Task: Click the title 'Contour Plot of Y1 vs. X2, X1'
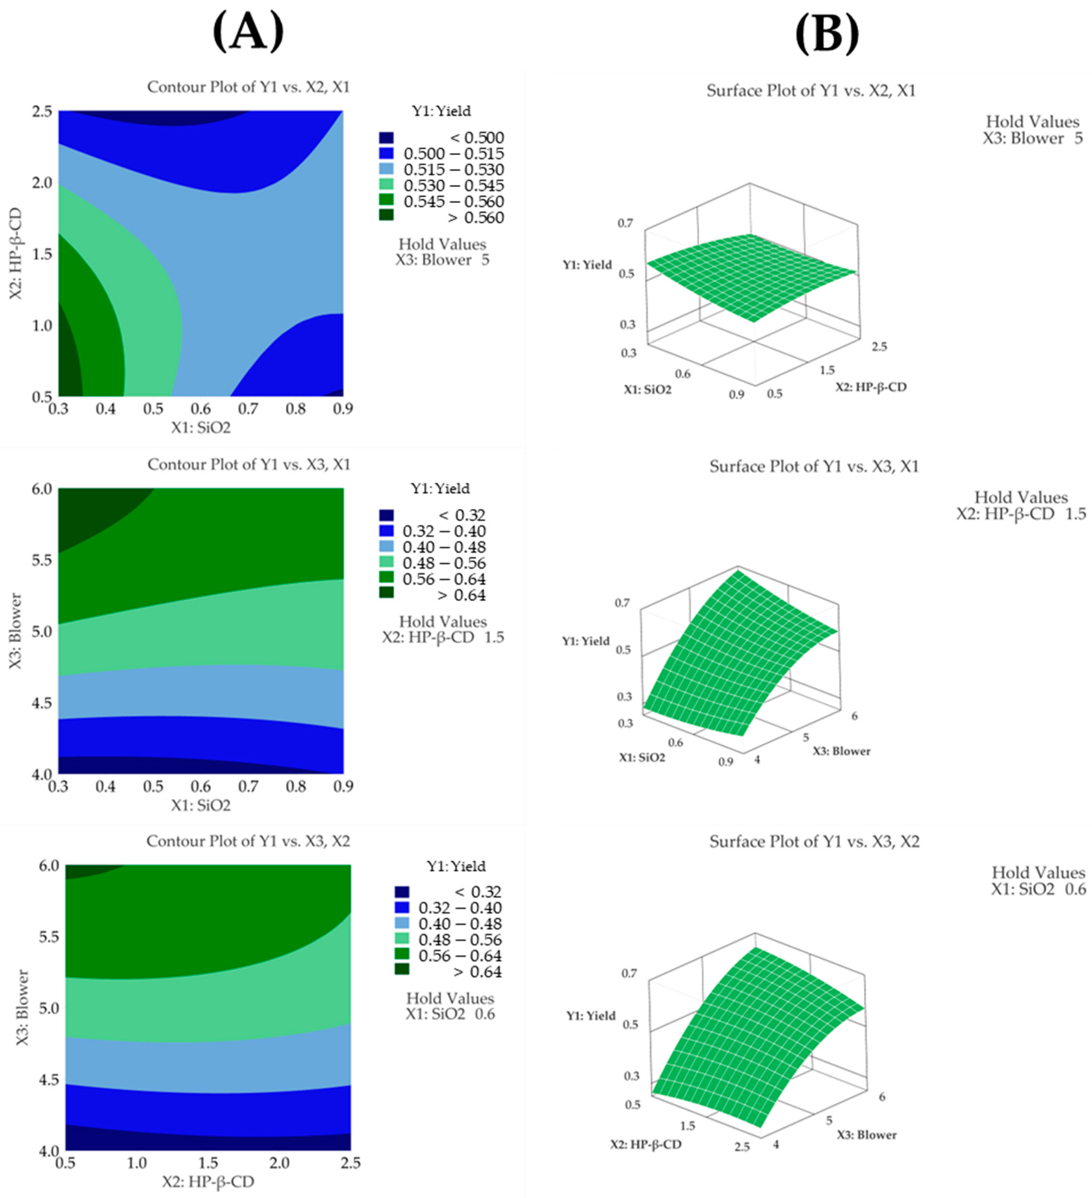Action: click(x=248, y=87)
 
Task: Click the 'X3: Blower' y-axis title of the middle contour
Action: click(x=16, y=631)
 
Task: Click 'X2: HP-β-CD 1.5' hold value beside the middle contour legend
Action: click(x=443, y=638)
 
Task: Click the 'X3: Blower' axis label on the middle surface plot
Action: click(x=841, y=751)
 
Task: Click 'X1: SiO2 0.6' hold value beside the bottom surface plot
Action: click(x=1038, y=889)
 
